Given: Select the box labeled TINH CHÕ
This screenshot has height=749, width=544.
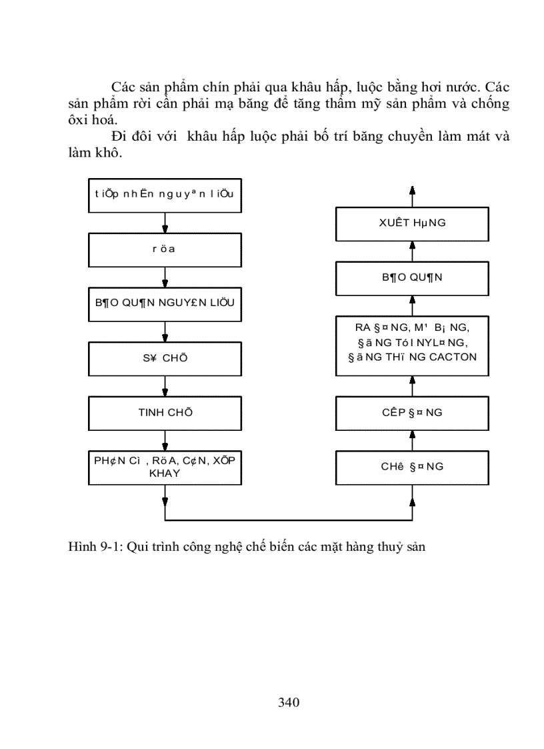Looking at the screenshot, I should [x=165, y=413].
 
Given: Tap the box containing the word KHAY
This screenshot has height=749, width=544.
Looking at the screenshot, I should [x=165, y=466].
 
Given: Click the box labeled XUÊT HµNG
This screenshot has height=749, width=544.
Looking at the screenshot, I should [x=411, y=223].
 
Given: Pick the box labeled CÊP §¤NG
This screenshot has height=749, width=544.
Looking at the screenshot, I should [x=411, y=413].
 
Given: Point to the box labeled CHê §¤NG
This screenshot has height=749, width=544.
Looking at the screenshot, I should [x=411, y=467].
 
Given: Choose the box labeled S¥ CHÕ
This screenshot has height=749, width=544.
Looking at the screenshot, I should [x=165, y=358].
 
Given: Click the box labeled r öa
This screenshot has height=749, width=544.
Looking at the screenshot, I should [x=165, y=250].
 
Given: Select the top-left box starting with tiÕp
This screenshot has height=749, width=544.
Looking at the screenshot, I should [x=165, y=195].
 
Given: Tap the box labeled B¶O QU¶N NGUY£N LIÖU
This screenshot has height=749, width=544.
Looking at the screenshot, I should [x=165, y=304].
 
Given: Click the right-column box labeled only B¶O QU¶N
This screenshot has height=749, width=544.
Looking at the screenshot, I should [x=411, y=278].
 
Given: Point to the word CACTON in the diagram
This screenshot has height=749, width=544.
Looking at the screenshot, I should [x=453, y=356].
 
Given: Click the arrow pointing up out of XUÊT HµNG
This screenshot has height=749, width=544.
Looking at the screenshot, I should [x=412, y=196].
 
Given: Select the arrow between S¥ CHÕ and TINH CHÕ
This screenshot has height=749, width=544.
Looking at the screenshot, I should [x=165, y=386].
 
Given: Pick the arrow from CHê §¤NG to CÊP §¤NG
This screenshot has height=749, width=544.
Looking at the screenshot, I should [x=412, y=440].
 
